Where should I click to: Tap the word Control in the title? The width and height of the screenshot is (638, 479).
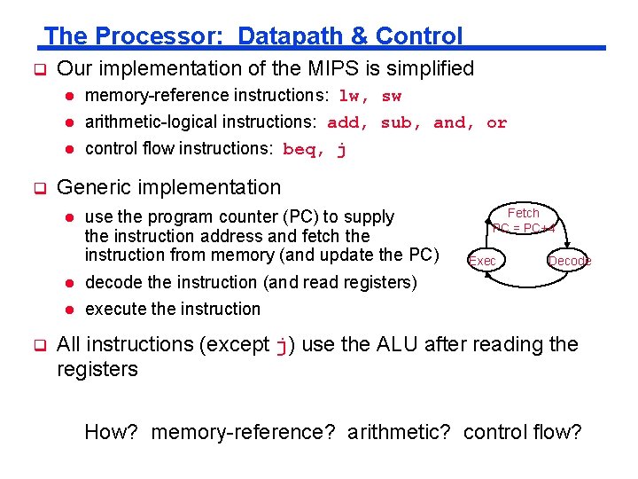pos(419,36)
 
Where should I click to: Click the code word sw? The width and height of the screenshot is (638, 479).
pos(392,96)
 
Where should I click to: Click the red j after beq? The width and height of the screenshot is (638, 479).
pos(341,149)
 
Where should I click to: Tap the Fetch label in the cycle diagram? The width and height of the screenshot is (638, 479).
pos(523,213)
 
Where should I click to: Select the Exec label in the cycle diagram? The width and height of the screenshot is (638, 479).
pos(482,261)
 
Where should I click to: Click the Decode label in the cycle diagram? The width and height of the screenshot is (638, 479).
pos(570,261)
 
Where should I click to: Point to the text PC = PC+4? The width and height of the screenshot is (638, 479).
pos(524,228)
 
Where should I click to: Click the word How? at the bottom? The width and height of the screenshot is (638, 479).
pos(112,433)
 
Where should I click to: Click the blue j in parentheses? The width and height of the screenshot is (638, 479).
pos(282,345)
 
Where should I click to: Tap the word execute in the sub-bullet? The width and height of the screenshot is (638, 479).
pos(116,309)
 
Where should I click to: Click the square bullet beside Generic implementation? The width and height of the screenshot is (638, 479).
pos(38,188)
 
